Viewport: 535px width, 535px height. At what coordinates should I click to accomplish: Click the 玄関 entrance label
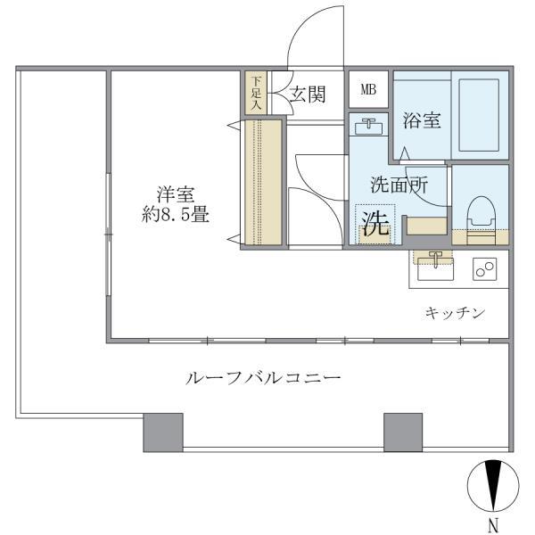pyautogui.click(x=307, y=95)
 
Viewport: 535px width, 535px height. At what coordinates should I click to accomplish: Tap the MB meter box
pyautogui.click(x=367, y=89)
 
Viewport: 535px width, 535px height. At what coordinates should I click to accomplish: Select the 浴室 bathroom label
pyautogui.click(x=421, y=119)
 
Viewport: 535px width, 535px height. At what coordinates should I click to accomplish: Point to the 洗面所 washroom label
pyautogui.click(x=399, y=185)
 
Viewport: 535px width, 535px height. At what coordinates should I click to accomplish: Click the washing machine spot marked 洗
pyautogui.click(x=374, y=223)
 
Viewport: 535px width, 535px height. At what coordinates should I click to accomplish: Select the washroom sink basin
pyautogui.click(x=366, y=128)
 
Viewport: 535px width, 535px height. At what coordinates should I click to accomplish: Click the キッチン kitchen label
pyautogui.click(x=454, y=312)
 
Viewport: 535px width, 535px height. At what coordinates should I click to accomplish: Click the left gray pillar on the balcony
pyautogui.click(x=163, y=432)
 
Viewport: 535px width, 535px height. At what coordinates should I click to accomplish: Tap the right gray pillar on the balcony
pyautogui.click(x=403, y=432)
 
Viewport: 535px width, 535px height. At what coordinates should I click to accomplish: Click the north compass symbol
pyautogui.click(x=492, y=486)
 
